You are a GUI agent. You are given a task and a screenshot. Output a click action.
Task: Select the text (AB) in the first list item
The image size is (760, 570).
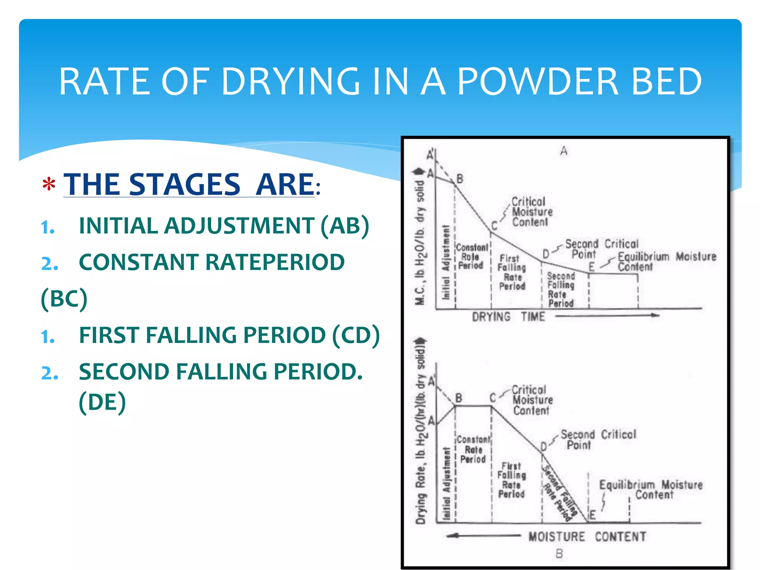point(345,226)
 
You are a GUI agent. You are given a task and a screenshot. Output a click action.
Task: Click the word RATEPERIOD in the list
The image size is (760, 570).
point(275,262)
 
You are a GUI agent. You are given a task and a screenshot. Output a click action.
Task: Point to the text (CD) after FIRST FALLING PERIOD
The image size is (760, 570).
point(356,335)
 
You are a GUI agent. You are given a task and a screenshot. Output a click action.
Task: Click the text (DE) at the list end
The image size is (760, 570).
point(102,402)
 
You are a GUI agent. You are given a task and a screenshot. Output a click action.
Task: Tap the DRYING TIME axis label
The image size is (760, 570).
point(508,317)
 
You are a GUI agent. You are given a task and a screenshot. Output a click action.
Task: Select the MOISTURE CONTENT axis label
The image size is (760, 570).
point(587,537)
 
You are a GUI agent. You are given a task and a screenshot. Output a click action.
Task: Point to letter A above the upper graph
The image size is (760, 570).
point(564,151)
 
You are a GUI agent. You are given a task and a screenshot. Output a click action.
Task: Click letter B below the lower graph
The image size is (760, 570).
point(559,554)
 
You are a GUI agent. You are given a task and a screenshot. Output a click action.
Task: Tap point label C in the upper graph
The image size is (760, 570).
point(494,226)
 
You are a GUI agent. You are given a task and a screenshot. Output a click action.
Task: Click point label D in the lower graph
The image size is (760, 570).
point(544,446)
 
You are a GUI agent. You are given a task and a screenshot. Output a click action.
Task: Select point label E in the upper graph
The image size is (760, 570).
point(592,266)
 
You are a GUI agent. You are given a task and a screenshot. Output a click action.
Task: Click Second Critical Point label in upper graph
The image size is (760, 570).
point(601,249)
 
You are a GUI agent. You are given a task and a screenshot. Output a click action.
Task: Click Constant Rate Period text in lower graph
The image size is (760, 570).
point(473,449)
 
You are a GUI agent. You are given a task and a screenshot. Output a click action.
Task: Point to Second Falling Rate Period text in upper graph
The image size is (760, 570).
point(561,290)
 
